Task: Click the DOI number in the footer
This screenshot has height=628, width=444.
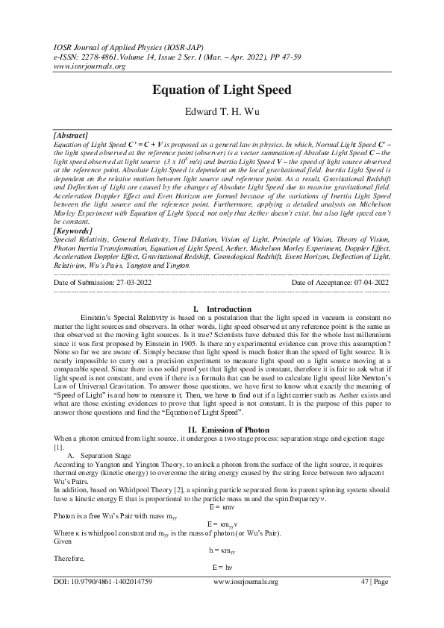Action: coord(104,602)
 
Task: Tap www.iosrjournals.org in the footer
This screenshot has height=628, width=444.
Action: coord(246,602)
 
